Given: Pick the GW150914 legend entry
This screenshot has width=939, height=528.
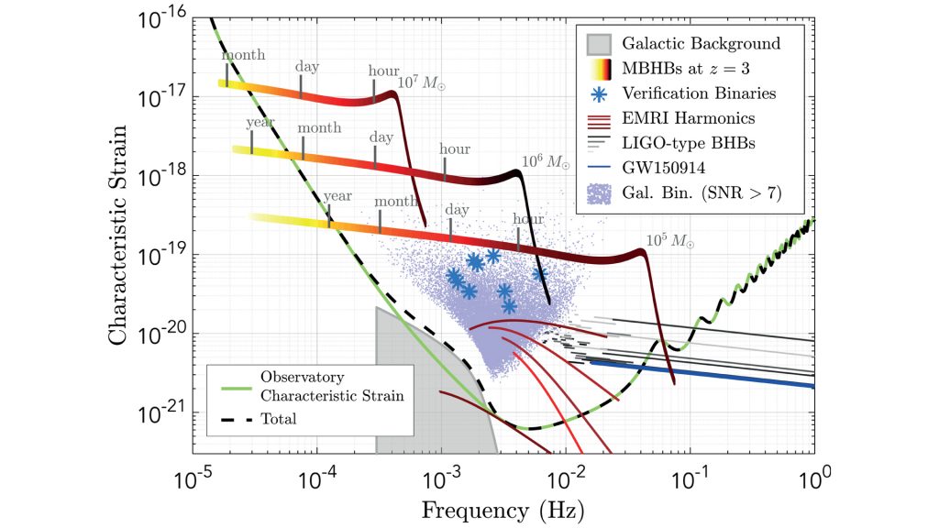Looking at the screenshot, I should [664, 168].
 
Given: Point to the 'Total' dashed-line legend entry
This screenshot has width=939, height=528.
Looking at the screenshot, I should [277, 419].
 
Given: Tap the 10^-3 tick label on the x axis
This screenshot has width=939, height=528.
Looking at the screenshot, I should [440, 478].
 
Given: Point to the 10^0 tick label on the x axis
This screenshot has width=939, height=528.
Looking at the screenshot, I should [812, 478].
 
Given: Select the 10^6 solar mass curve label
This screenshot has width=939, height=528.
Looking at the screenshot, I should [545, 162].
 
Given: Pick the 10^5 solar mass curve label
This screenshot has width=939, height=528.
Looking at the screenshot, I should [670, 241].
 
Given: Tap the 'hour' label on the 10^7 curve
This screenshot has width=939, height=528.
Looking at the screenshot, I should [383, 70].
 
